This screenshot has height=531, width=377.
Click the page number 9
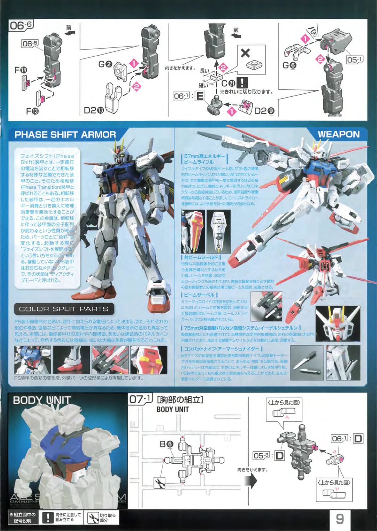coord(340,519)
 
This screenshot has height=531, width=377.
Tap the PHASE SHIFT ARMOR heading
coord(65,135)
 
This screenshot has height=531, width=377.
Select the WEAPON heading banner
coord(338,134)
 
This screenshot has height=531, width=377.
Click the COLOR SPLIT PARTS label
coord(64,309)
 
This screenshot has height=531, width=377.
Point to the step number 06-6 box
coord(21,25)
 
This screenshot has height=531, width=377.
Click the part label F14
coord(21,70)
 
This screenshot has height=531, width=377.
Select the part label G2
coord(105,64)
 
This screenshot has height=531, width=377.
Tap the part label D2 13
coord(94,111)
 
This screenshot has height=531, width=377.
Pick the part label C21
coord(228,84)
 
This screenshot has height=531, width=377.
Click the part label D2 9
coord(264,111)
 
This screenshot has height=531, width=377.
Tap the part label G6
coord(289,65)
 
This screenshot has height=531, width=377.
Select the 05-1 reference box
coord(354,60)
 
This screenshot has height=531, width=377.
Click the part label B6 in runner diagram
coord(166,444)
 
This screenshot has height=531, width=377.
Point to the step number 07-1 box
coord(140,399)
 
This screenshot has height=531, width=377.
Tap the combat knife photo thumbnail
coord(307,363)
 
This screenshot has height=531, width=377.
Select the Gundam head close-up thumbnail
coord(337,324)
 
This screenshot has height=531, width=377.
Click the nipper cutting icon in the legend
coord(93,518)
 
